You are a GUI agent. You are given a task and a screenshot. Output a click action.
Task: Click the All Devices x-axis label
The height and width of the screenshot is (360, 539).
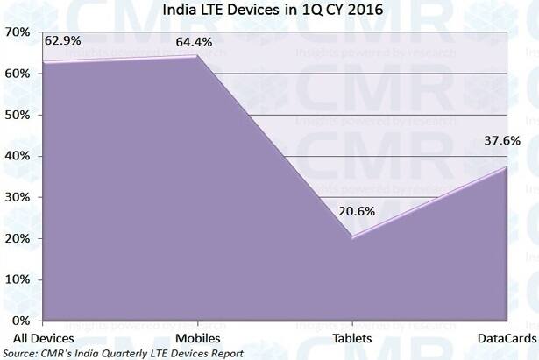coord(43,337)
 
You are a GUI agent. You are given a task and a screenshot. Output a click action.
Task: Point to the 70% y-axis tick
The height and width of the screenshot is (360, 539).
coord(19,32)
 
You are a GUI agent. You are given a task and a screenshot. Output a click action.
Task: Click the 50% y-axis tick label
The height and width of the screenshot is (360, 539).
coord(19,115)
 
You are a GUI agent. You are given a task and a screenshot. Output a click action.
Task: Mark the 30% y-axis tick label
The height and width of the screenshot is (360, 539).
coord(19,197)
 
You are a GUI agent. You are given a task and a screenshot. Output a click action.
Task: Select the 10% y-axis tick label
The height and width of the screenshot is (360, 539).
coord(19,279)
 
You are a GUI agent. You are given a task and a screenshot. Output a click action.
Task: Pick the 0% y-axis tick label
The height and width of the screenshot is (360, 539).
coord(23,321)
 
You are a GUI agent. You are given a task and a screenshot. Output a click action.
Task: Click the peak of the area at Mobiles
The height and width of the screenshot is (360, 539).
coord(196,57)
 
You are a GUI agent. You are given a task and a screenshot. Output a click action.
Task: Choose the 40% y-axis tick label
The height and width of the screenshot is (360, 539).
coord(19,156)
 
